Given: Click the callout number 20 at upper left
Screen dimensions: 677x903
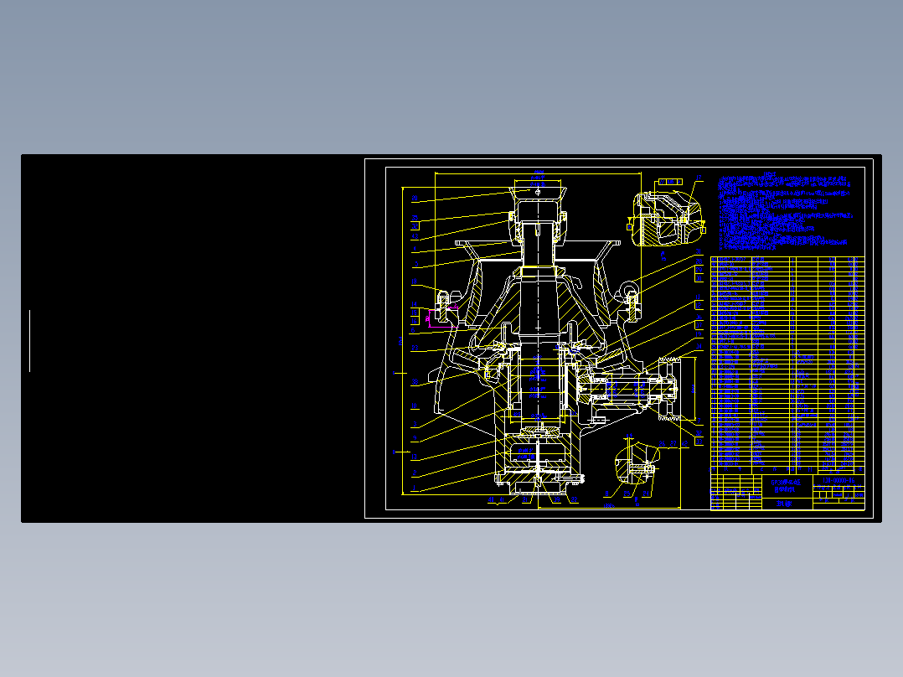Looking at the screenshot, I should pyautogui.click(x=414, y=199).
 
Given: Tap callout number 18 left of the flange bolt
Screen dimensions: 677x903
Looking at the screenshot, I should pyautogui.click(x=414, y=282).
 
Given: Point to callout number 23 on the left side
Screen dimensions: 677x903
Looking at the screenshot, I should pyautogui.click(x=414, y=348).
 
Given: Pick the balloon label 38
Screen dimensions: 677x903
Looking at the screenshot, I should pyautogui.click(x=414, y=406).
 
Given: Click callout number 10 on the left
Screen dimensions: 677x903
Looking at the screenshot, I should pyautogui.click(x=414, y=382).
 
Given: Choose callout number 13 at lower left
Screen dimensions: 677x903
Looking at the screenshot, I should pyautogui.click(x=414, y=457).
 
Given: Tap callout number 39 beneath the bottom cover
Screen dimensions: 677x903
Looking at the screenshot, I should pyautogui.click(x=502, y=501).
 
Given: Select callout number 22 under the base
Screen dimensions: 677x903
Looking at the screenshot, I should pyautogui.click(x=491, y=501).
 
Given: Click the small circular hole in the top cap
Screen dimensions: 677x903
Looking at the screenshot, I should pyautogui.click(x=538, y=191).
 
